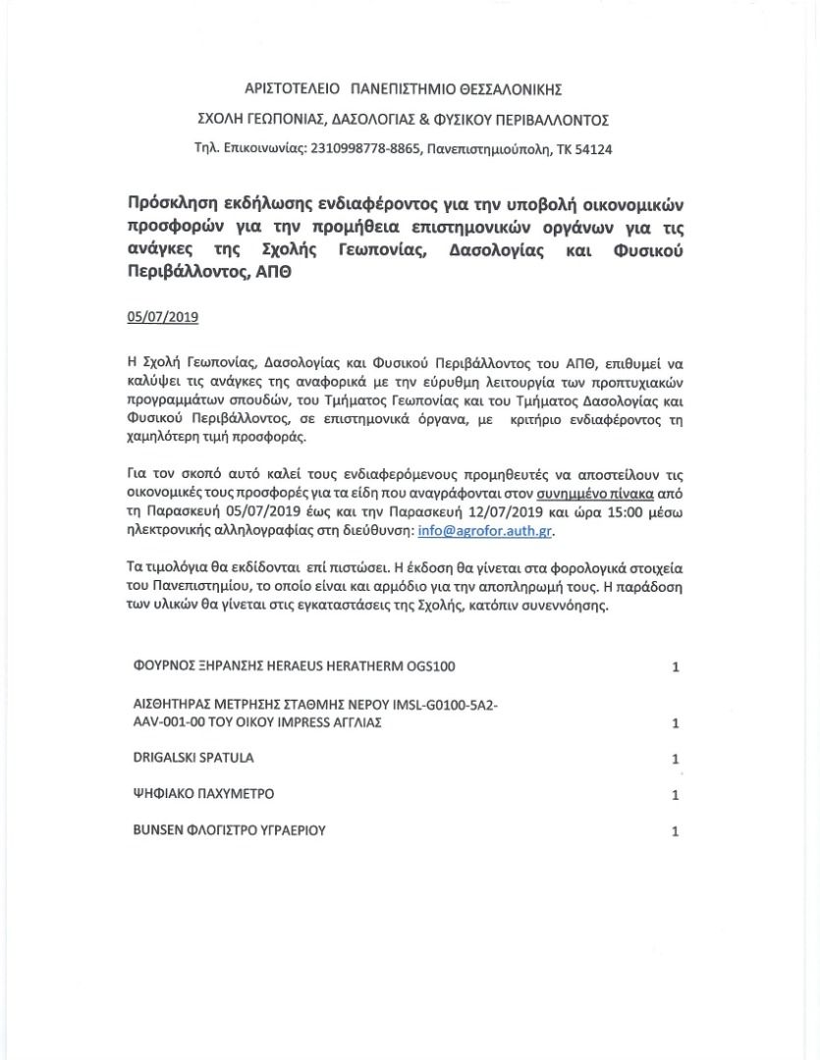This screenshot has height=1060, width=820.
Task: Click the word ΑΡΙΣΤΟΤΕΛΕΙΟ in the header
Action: (290, 90)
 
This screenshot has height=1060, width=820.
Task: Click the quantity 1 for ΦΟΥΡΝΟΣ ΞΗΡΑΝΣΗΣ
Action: (676, 667)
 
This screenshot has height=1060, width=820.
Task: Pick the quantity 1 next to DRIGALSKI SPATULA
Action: (676, 760)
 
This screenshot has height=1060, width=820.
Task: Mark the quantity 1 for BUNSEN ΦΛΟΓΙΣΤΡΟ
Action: (676, 831)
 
